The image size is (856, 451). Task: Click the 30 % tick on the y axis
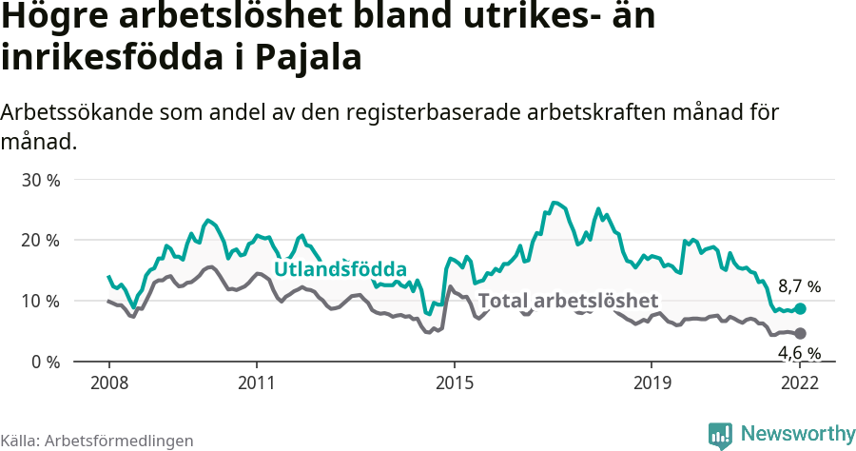point(41,180)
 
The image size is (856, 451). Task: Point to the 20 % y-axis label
point(41,241)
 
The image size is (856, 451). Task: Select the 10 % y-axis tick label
point(41,302)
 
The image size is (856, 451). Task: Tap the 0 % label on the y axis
point(45,363)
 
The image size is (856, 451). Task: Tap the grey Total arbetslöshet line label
point(568,302)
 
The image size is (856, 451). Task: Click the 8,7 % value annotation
point(799,286)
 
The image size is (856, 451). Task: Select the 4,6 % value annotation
point(799,353)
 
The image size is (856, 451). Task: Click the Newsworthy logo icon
point(719,435)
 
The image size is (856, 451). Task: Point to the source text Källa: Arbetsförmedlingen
point(97,441)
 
